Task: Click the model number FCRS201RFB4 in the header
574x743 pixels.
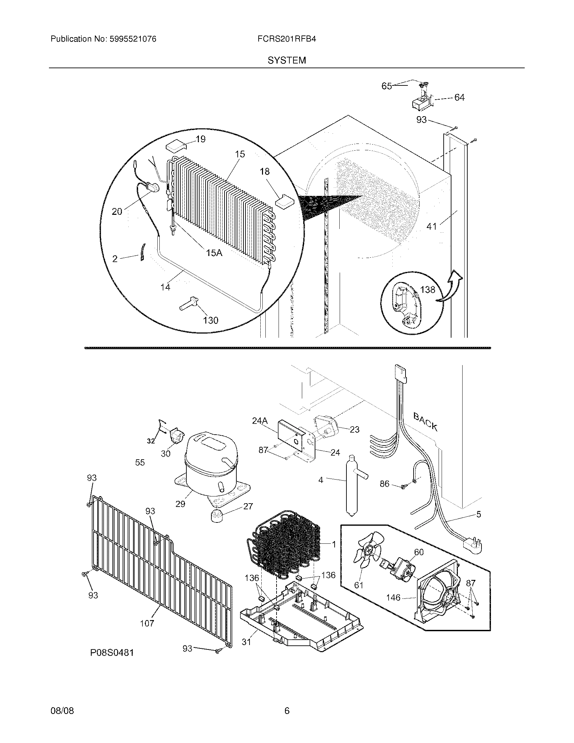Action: coord(287,39)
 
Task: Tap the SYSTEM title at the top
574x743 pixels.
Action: coord(287,60)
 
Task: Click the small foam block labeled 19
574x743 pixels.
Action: coord(176,148)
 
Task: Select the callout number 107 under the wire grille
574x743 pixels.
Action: coord(147,623)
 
